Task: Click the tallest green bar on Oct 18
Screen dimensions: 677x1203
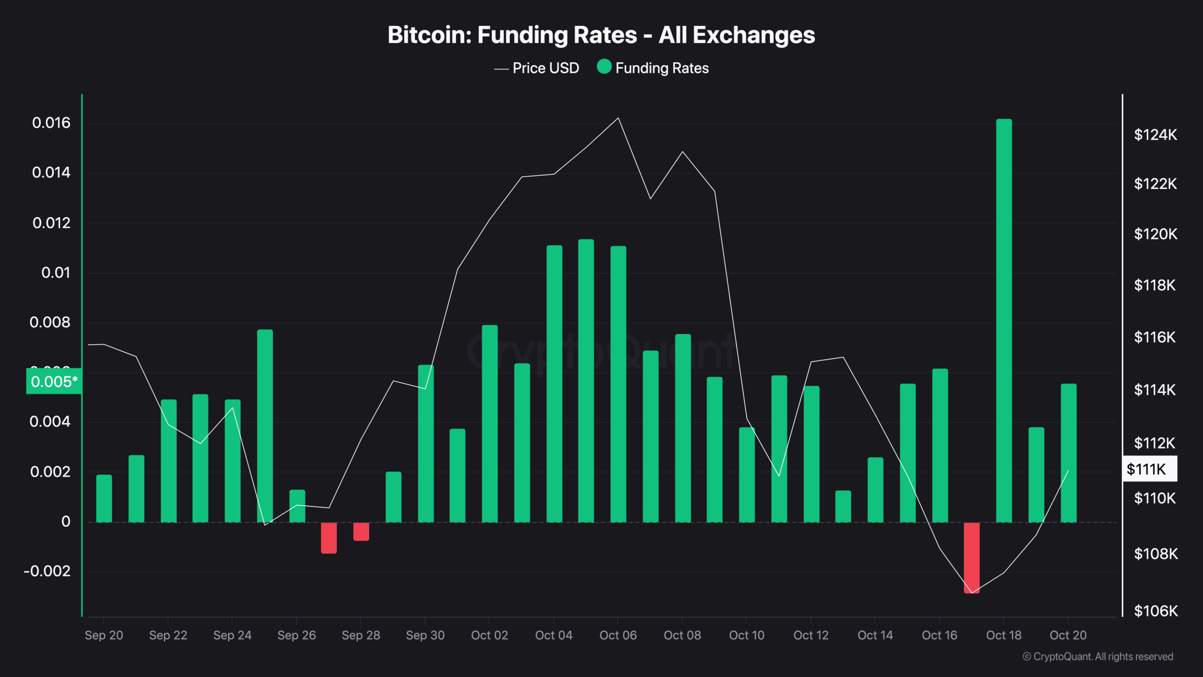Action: click(1004, 320)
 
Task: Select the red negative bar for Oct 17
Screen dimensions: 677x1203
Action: click(971, 558)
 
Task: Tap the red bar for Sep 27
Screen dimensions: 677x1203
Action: click(328, 538)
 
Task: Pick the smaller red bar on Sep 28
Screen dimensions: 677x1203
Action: click(361, 532)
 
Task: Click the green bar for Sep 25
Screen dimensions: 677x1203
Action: click(265, 425)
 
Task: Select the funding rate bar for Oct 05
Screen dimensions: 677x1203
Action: click(586, 381)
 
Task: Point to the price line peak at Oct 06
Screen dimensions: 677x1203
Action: click(618, 118)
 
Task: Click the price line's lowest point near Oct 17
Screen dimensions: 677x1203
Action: click(971, 593)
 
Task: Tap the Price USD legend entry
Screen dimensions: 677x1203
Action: click(537, 68)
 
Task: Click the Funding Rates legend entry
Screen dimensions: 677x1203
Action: click(653, 68)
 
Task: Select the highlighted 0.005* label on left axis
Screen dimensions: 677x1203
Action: click(54, 381)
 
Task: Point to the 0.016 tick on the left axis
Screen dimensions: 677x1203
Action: click(51, 123)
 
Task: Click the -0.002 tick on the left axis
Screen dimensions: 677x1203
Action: click(47, 571)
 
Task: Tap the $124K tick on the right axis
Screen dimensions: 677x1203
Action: click(1155, 135)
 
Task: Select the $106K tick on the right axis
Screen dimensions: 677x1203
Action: click(1156, 611)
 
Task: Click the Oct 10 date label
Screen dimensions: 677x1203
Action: click(746, 635)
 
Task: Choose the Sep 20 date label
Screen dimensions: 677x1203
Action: click(103, 635)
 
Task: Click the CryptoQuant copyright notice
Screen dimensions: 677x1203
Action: click(1098, 656)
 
